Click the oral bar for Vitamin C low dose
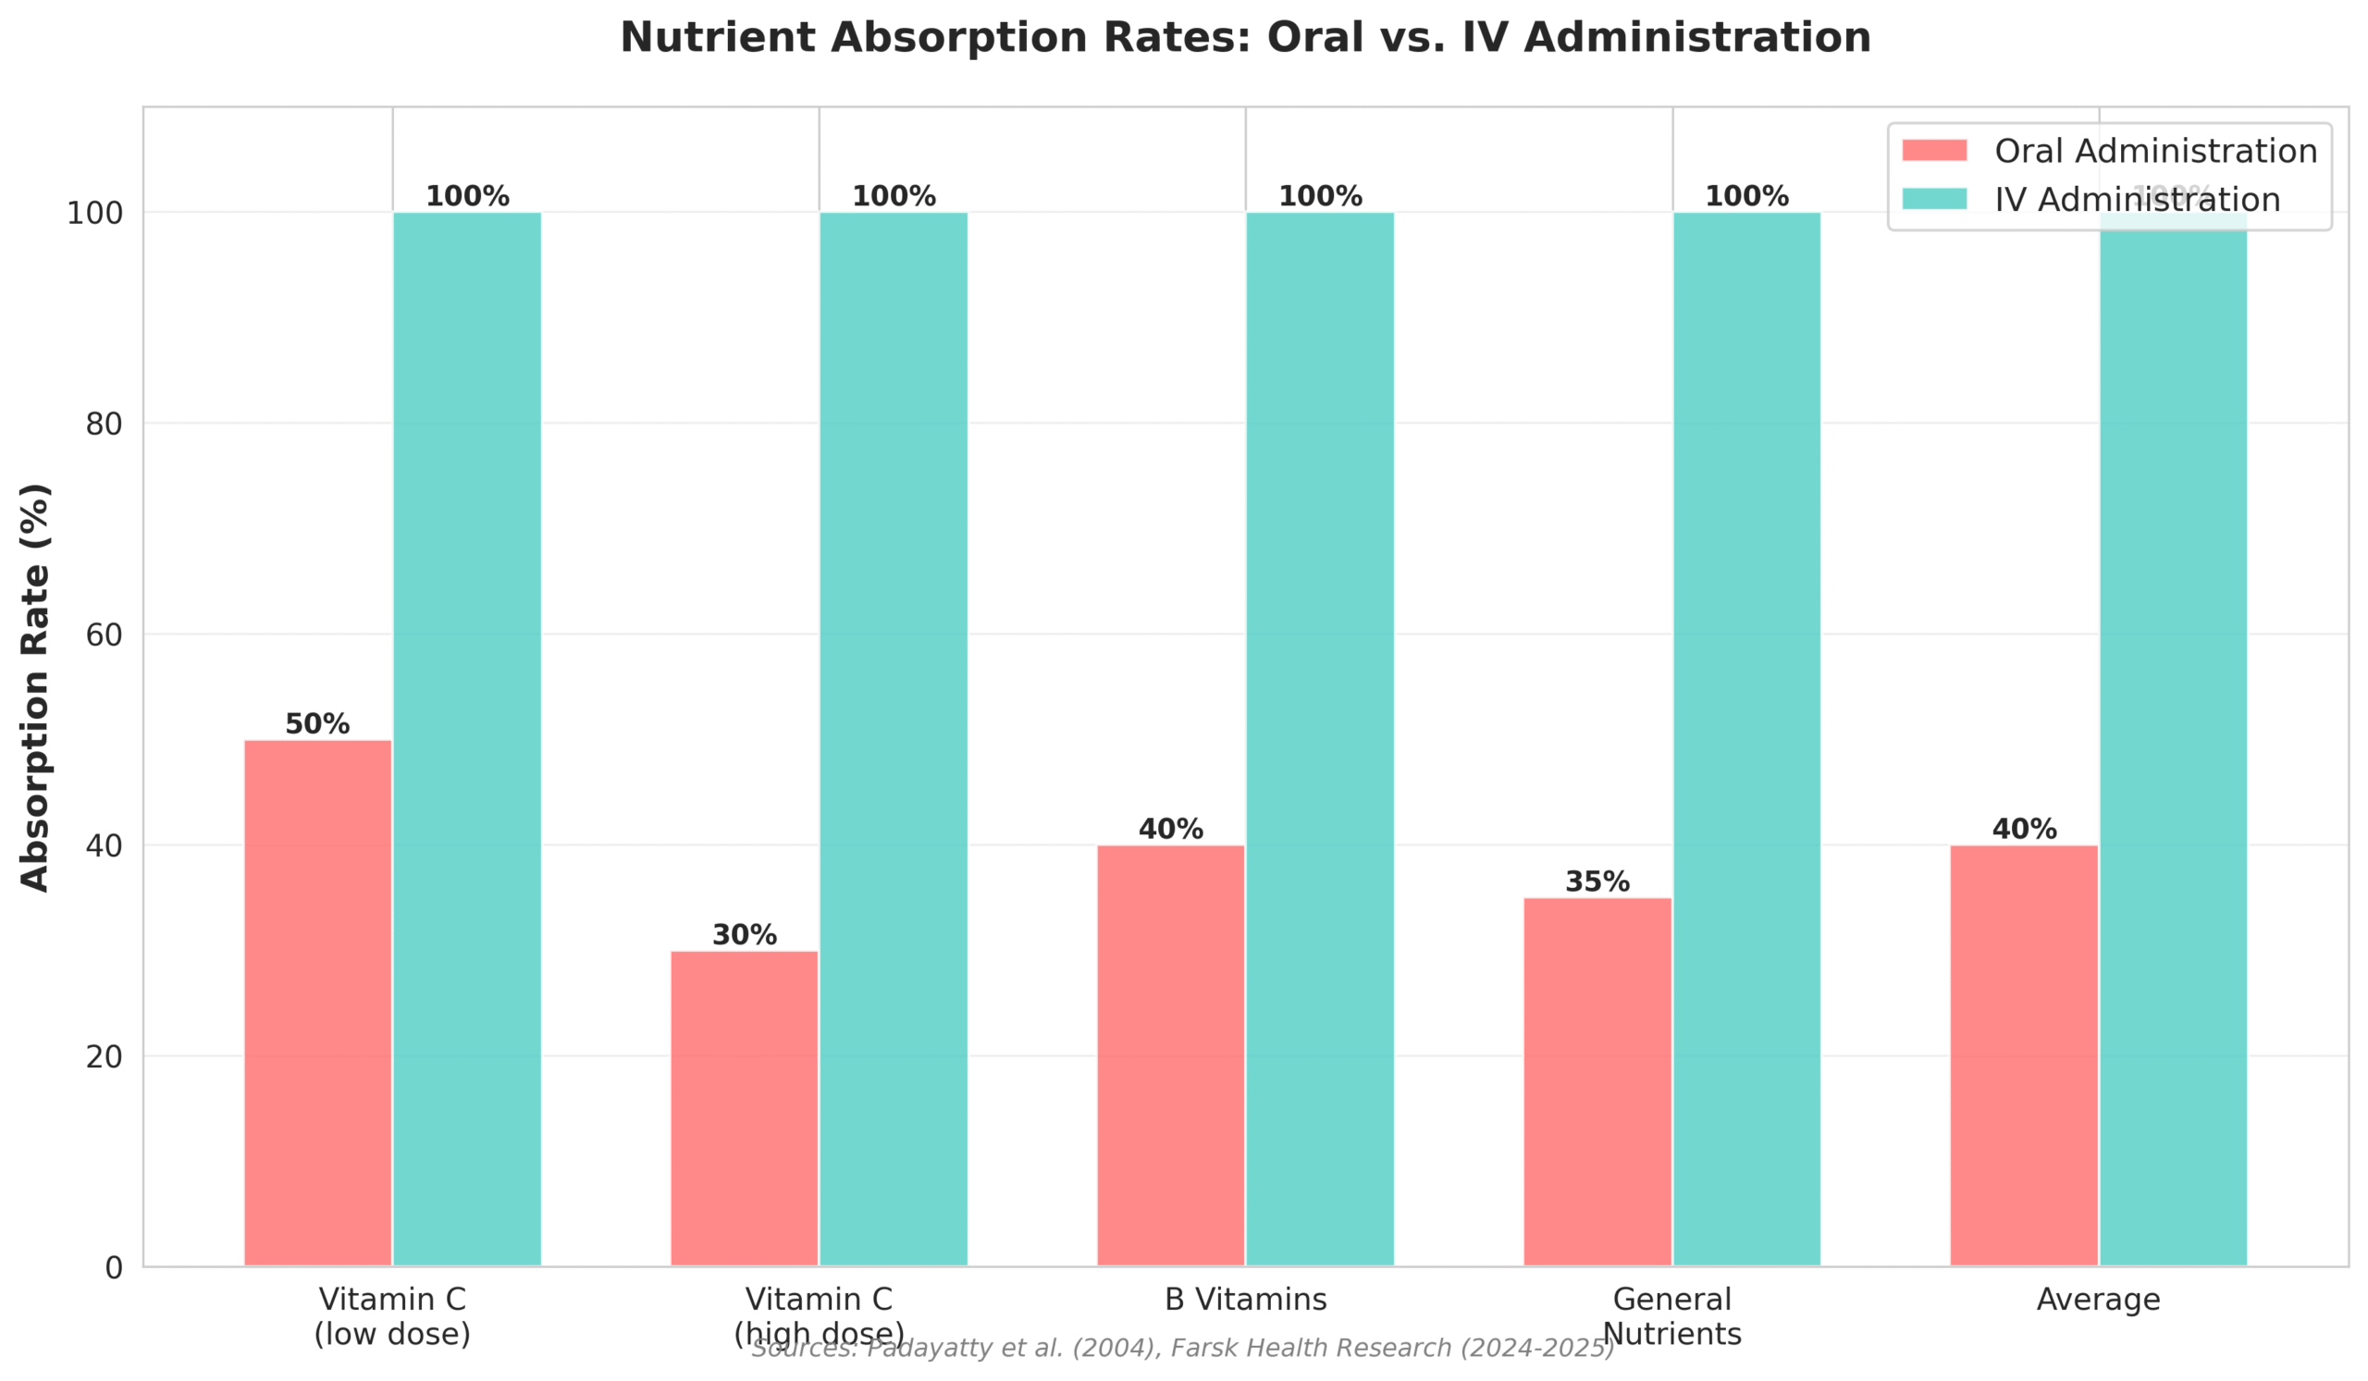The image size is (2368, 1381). tap(317, 1003)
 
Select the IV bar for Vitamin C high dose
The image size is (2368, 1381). tap(894, 739)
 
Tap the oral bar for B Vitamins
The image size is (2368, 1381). tap(1171, 1055)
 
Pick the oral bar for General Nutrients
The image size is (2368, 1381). tap(1597, 1081)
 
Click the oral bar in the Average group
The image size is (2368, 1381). tap(2024, 1055)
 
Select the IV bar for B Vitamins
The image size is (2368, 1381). tap(1320, 739)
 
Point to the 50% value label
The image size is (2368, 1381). tap(317, 724)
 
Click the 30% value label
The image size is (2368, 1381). tap(745, 935)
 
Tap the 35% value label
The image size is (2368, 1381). tap(1597, 882)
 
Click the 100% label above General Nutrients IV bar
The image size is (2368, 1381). tap(1747, 196)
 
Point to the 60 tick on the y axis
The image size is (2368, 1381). tap(104, 635)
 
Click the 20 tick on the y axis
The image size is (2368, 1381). tap(104, 1057)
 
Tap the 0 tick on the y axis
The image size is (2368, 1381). tap(114, 1268)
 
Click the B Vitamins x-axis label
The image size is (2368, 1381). tap(1246, 1301)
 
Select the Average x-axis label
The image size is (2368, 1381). tap(2098, 1301)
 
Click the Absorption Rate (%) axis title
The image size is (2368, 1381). tap(35, 686)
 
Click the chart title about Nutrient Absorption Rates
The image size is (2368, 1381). tap(1245, 39)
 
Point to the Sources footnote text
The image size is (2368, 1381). tap(1183, 1349)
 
